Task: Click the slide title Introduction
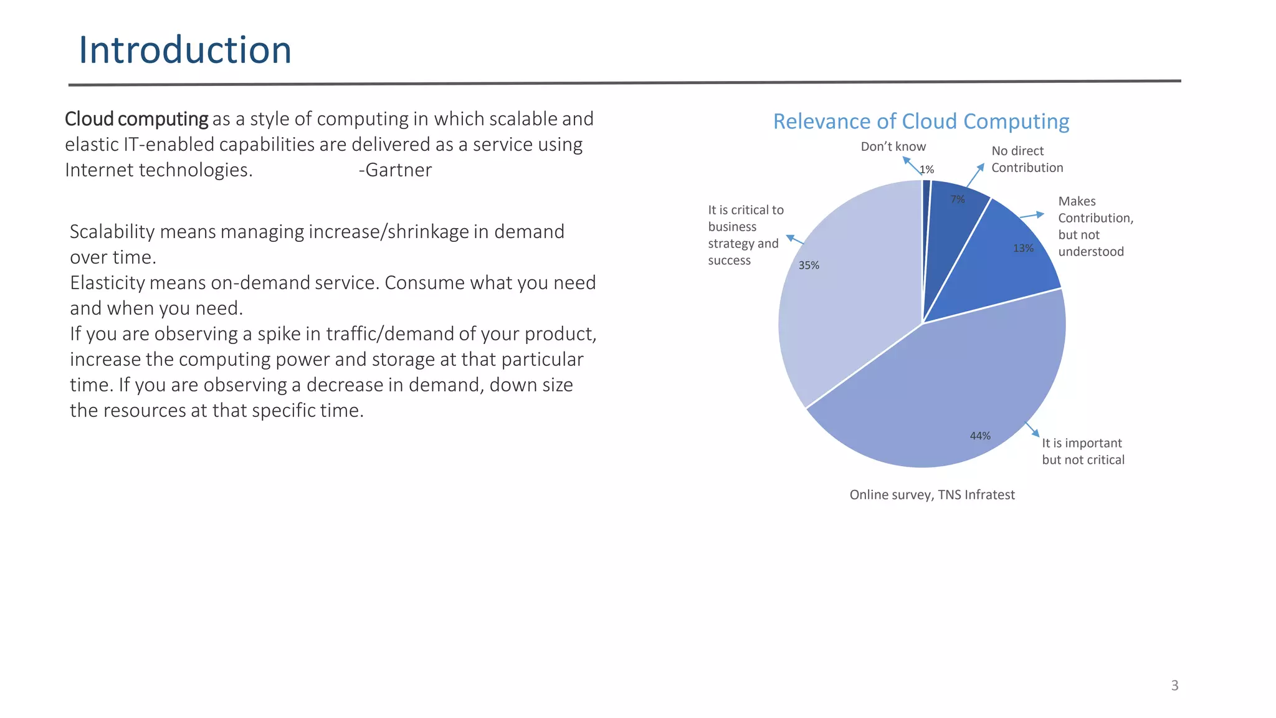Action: click(185, 50)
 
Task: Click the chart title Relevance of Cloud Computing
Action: click(921, 121)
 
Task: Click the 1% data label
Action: click(927, 170)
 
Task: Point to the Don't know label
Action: click(893, 146)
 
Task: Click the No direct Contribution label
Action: click(1027, 159)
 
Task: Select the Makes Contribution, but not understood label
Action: click(1095, 226)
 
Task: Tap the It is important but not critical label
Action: click(1083, 451)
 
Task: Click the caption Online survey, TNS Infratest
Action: click(932, 495)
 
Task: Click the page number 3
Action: click(1174, 686)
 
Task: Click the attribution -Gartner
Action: click(395, 170)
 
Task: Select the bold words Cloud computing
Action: click(136, 119)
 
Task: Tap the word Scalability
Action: click(112, 232)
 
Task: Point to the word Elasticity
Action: click(107, 283)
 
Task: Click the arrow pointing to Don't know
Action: click(911, 165)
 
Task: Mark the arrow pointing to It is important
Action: click(1032, 429)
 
